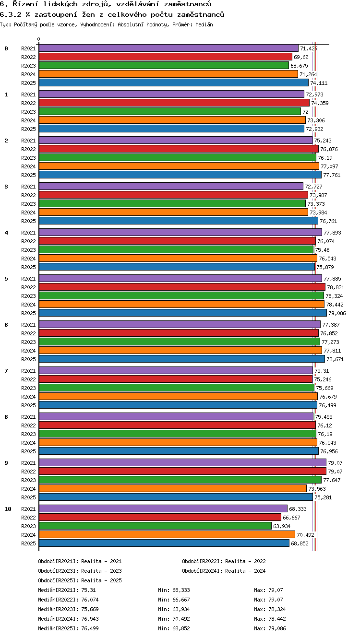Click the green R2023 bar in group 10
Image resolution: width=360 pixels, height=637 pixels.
click(155, 526)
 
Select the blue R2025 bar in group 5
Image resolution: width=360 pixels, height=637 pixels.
click(183, 313)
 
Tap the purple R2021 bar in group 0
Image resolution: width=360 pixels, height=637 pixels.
click(168, 48)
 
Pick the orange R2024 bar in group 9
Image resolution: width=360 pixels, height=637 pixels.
click(173, 488)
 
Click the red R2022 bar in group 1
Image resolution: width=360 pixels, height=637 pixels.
click(174, 103)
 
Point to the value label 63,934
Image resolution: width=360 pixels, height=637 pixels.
click(282, 526)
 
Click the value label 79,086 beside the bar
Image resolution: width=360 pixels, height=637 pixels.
click(337, 313)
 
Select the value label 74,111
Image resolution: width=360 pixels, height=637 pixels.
click(319, 83)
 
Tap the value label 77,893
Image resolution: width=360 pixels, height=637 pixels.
click(332, 233)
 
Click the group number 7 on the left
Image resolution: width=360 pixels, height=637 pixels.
click(6, 370)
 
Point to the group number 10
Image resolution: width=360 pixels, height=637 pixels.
click(8, 509)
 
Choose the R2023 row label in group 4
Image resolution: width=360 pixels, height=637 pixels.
click(28, 250)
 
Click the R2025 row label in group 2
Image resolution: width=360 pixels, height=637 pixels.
click(28, 175)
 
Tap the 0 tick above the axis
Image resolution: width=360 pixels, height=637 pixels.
click(39, 39)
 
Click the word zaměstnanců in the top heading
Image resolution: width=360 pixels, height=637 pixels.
click(188, 4)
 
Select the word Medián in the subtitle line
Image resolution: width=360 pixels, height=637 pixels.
click(204, 24)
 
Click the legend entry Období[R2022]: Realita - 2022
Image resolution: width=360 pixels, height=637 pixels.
click(224, 561)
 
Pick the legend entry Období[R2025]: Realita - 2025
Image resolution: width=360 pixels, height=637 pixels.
click(80, 580)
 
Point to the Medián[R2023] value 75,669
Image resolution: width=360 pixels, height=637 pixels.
click(90, 609)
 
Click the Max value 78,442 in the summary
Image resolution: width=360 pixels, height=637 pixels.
click(277, 618)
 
